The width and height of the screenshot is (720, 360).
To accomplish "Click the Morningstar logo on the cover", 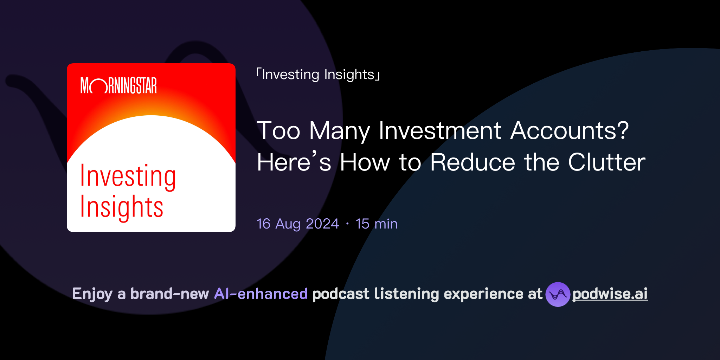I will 118,85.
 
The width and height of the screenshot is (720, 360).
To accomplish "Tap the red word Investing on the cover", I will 128,176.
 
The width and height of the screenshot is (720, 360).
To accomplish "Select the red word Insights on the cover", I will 122,207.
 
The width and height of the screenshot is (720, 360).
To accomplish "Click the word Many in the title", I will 339,131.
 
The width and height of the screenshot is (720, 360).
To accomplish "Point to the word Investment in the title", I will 440,131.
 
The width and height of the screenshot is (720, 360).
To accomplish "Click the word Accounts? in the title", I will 569,131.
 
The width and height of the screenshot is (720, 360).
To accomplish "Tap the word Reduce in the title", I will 472,162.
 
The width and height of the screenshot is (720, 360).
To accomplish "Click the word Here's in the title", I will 294,162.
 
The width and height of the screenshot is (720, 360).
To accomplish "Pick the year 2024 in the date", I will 322,224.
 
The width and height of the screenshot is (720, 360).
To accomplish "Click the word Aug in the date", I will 288,224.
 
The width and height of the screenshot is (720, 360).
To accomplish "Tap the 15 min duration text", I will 377,224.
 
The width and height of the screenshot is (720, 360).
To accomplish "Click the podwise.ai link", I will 610,294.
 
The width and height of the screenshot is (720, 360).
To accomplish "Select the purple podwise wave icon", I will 558,294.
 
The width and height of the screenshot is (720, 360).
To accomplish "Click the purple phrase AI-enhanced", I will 261,294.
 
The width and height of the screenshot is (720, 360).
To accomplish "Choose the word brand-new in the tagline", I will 169,294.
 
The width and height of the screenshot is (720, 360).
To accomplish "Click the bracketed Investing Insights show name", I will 318,75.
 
